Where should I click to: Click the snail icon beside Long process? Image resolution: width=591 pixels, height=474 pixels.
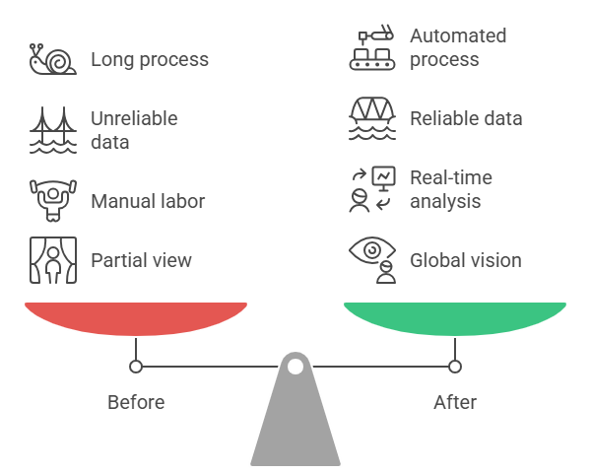pos(53,59)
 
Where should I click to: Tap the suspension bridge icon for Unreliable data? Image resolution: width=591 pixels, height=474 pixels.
pos(53,130)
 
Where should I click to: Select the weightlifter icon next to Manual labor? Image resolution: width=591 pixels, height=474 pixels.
pos(53,201)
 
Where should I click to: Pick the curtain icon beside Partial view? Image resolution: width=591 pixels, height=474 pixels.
pos(53,260)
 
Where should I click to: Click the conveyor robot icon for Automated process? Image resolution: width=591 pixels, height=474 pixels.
pos(372,47)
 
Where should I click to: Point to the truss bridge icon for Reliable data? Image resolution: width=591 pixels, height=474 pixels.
pos(372,118)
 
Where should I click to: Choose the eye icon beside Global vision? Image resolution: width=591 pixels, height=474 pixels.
pos(372,250)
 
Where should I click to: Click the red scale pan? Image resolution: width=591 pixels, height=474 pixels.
pos(136,318)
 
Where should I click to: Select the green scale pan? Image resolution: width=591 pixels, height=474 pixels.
pos(455,318)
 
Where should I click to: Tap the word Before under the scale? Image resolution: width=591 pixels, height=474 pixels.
pos(136,402)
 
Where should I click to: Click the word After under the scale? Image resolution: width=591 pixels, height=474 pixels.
pos(455,402)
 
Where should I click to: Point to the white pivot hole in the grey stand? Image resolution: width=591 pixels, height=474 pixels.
pos(295,367)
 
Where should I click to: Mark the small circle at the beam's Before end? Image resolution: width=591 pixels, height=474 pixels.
pos(136,367)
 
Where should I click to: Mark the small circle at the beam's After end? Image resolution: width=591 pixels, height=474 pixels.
pos(455,367)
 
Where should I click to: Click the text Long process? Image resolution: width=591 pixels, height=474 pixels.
pos(150,59)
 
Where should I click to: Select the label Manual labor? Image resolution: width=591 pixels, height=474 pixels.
pos(148,201)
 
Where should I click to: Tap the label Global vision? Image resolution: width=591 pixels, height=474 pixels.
pos(466,260)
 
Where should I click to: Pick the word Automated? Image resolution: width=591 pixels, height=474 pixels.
pos(458,35)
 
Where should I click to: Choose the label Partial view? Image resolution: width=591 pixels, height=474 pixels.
pos(141,260)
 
